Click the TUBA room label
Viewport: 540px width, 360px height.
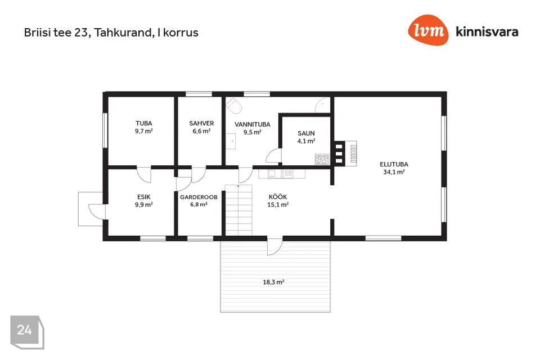[x=143, y=123]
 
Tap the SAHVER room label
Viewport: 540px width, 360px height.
[x=201, y=123]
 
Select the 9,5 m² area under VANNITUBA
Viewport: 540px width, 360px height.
[x=253, y=132]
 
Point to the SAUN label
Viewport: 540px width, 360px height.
[x=306, y=133]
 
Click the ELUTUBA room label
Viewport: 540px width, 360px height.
[x=394, y=165]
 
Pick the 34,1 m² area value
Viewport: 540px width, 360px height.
[x=394, y=172]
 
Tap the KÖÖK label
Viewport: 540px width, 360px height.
[x=278, y=197]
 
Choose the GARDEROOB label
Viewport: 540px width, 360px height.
[x=199, y=197]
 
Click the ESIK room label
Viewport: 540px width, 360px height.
[x=144, y=197]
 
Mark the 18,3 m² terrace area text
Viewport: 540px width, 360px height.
[x=273, y=282]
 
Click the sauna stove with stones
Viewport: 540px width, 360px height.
[x=322, y=159]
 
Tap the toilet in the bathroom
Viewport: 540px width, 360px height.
[x=234, y=105]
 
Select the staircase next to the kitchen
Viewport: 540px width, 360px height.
[x=238, y=210]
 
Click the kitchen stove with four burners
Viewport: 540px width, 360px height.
[x=288, y=174]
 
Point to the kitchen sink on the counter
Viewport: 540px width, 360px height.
[x=272, y=174]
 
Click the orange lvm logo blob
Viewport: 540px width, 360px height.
[x=429, y=30]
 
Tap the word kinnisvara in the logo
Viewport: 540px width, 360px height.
[x=487, y=31]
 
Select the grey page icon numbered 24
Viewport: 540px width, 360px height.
[x=27, y=332]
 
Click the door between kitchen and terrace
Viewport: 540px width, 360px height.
[x=275, y=246]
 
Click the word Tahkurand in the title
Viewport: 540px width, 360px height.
[x=123, y=33]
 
